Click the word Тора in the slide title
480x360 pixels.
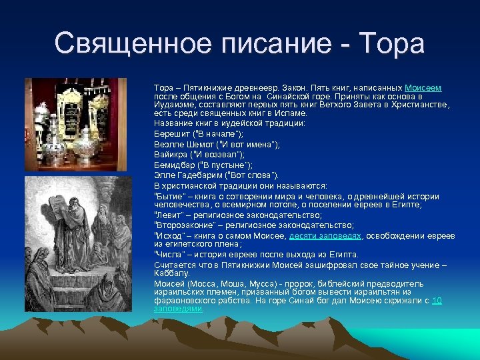point(391,44)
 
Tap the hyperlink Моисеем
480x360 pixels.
point(423,88)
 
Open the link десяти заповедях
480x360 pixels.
point(326,236)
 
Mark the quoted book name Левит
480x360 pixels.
point(167,215)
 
